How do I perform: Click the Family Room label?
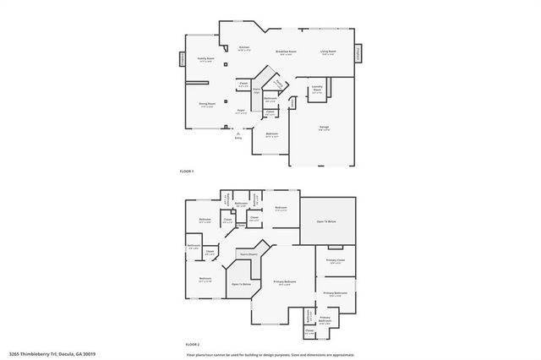coord(205,59)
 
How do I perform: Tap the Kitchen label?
coord(243,47)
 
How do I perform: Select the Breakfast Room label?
coord(286,52)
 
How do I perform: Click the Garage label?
coord(324,128)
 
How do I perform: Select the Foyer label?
coord(241,111)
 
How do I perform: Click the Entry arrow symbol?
coord(238,133)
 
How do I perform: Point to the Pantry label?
coord(277,85)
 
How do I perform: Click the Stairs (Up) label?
coord(256,90)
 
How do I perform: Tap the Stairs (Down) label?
coord(247,254)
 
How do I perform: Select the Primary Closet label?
coord(335,261)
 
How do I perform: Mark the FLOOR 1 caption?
coord(187,172)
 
